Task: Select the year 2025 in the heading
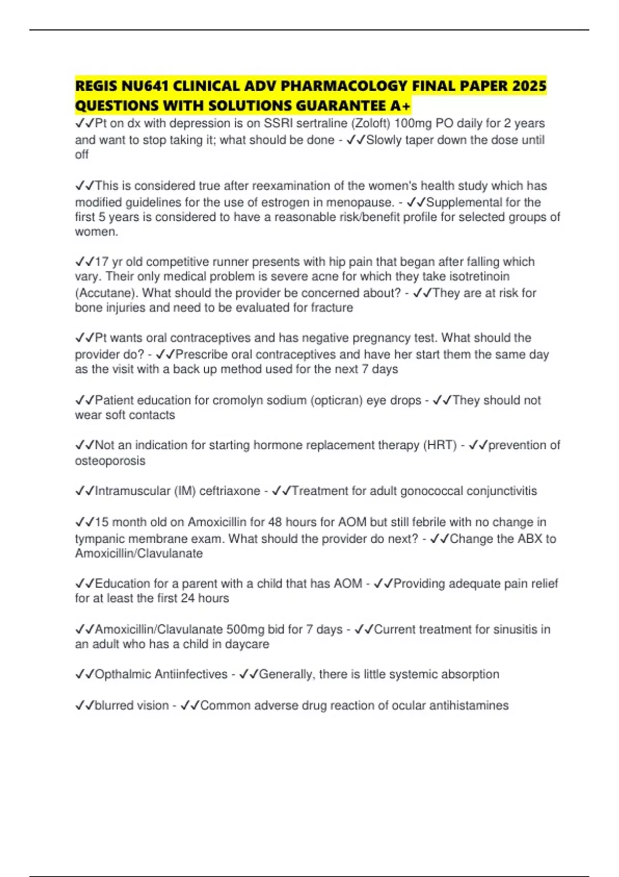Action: coord(529,86)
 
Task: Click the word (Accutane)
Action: coord(107,293)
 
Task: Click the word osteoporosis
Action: coord(110,461)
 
